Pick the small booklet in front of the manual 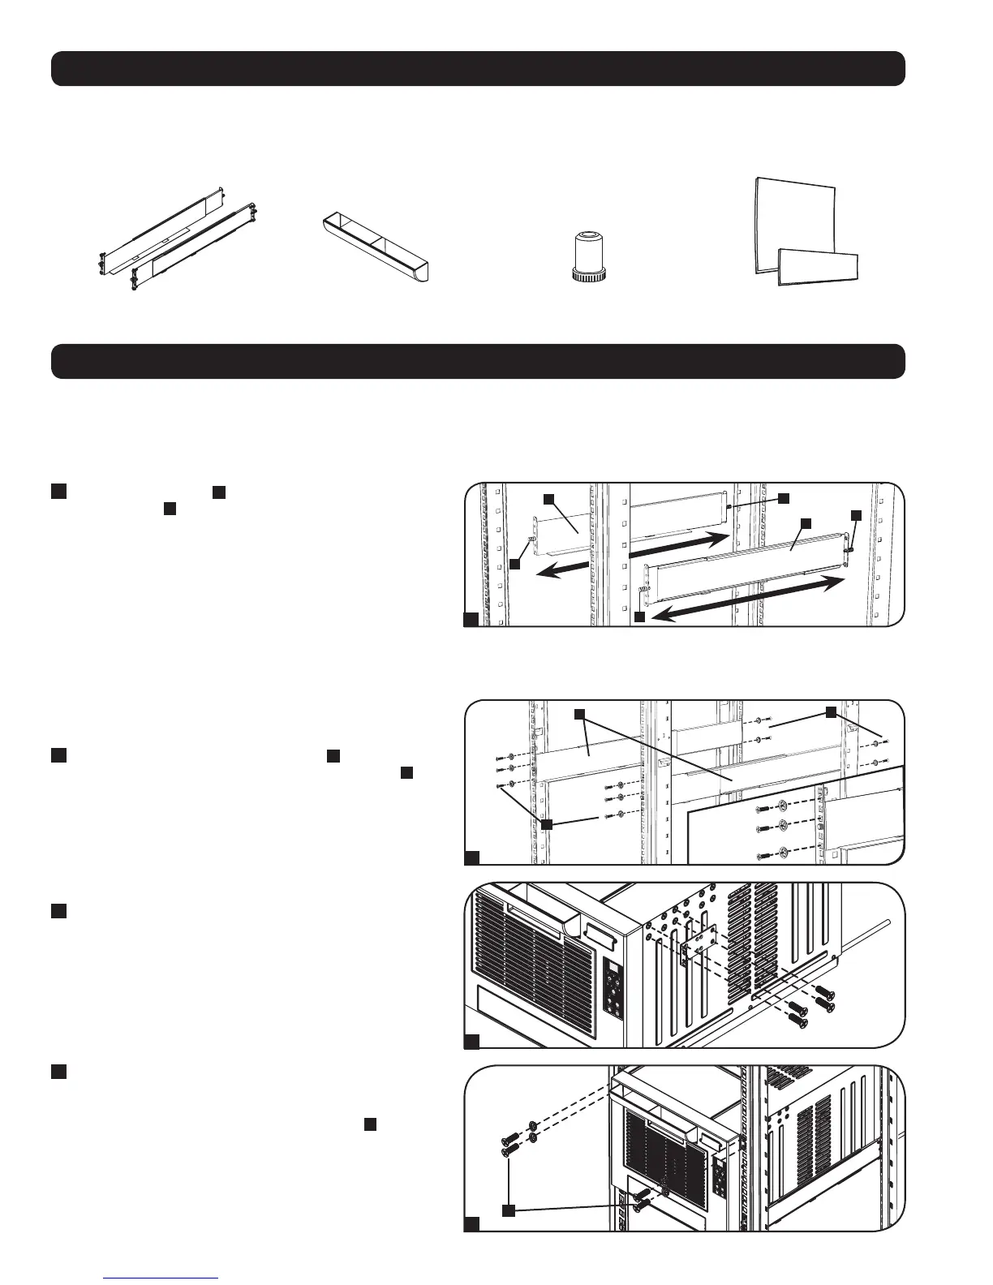tap(818, 269)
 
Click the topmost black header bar tap(478, 68)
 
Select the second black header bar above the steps tap(478, 361)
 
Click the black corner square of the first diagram tap(471, 620)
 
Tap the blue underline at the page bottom tap(162, 1278)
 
